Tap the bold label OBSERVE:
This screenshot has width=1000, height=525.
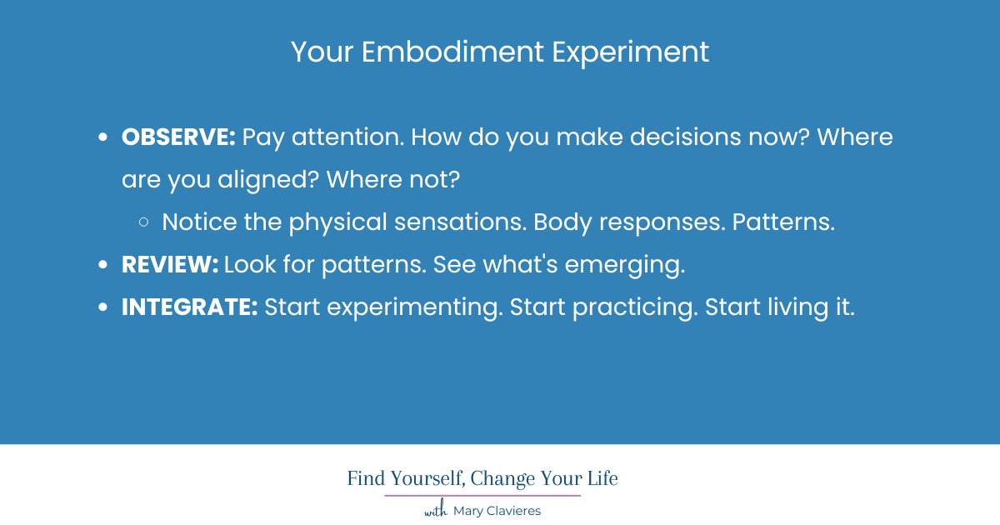coord(179,137)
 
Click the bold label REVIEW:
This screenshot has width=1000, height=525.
coord(170,265)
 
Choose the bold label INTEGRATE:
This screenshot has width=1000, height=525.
coord(190,307)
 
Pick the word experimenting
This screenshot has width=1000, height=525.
coord(414,307)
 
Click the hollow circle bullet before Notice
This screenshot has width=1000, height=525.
coord(144,222)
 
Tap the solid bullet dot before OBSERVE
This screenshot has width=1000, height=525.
coord(103,138)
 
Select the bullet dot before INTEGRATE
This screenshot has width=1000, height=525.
coord(103,308)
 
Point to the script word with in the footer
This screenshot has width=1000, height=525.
coord(435,511)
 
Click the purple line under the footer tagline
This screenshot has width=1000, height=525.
coord(482,496)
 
